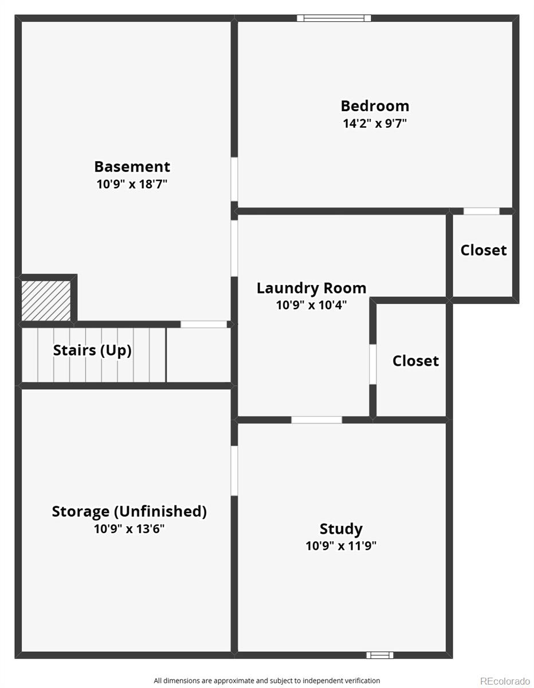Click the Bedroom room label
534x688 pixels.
(375, 106)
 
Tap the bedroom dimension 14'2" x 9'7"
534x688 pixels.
(375, 123)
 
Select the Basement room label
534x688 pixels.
(132, 167)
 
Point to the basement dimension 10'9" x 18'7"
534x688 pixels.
(132, 184)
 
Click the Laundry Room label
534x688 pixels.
(312, 288)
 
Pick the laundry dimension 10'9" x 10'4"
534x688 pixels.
(312, 305)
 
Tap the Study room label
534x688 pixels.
(341, 529)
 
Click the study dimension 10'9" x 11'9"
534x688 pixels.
(341, 546)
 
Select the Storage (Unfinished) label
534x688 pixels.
(129, 511)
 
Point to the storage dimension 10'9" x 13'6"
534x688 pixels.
(129, 529)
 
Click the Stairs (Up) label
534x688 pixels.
(92, 350)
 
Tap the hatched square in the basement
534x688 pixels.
(46, 300)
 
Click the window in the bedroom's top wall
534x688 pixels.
(334, 18)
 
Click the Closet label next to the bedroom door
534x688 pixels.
(484, 251)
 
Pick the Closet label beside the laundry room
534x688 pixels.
(416, 361)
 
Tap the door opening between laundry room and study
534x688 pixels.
(317, 420)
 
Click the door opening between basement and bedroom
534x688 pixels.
(234, 179)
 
